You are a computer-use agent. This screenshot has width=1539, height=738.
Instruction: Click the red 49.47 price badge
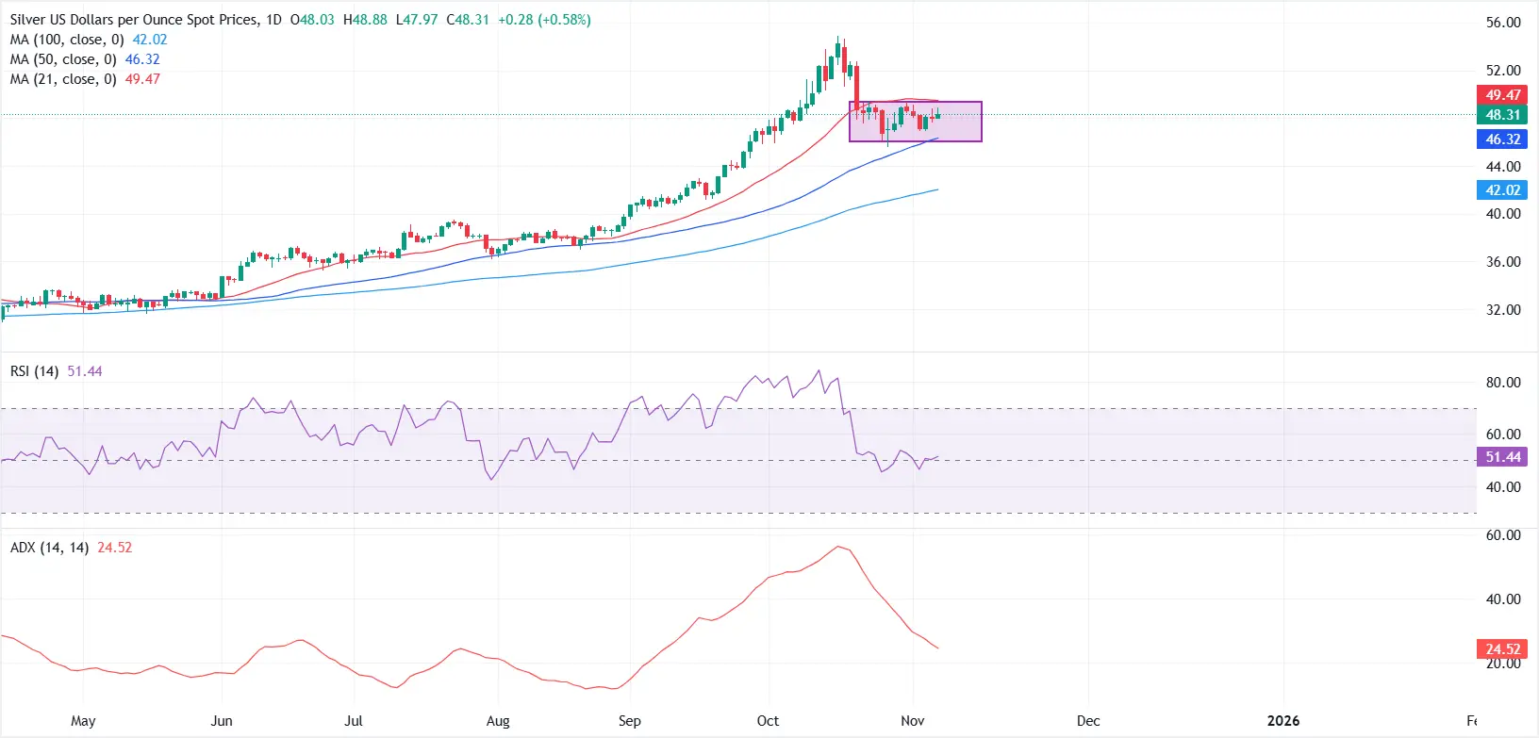point(1502,95)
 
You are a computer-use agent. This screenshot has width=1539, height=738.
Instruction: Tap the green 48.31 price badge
point(1502,115)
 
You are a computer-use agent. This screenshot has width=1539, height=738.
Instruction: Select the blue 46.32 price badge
point(1502,139)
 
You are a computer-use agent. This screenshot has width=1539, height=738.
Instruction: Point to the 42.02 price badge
point(1502,190)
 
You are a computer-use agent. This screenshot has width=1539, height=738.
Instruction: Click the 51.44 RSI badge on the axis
point(1502,457)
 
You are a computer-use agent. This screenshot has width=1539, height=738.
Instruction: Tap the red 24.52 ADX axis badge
point(1502,649)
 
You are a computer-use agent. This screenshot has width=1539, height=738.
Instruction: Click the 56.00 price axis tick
point(1503,23)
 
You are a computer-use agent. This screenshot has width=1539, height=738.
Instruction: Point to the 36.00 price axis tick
point(1503,262)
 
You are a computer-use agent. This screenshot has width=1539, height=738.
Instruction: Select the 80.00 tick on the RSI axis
point(1503,383)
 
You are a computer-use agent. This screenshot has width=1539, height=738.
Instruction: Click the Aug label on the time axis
point(498,721)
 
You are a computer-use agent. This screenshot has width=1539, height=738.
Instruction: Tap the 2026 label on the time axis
point(1282,721)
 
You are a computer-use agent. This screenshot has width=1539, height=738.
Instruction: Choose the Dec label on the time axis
point(1088,721)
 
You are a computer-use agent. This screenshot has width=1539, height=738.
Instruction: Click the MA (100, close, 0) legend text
point(67,40)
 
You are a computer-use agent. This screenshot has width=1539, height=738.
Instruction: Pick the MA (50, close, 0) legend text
point(63,59)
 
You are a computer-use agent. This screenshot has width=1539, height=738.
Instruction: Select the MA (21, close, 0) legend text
point(63,79)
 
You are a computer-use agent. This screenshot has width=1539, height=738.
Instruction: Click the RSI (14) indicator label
point(34,371)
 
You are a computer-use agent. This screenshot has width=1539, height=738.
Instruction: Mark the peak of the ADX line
point(836,547)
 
